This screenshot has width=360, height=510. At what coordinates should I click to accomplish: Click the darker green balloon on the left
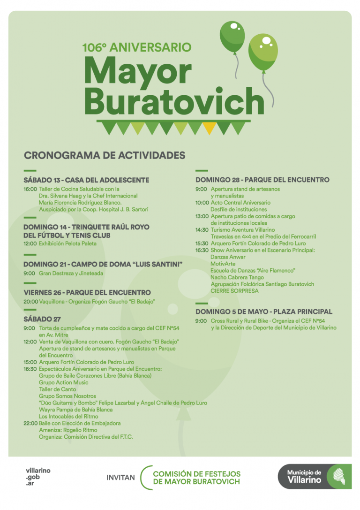point(232,36)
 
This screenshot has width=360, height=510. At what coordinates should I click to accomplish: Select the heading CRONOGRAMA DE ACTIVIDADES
point(105,155)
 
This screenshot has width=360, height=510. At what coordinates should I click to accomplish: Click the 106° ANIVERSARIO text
point(137,47)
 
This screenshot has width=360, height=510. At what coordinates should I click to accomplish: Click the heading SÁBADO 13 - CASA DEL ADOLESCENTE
point(86,180)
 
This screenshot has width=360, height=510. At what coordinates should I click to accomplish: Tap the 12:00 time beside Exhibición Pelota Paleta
point(30,244)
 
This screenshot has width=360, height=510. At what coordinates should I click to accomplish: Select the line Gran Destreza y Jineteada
point(71,273)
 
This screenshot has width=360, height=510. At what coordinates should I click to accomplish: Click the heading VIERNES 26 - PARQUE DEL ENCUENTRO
point(87,292)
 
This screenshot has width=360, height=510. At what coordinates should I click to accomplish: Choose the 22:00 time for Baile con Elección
point(30,423)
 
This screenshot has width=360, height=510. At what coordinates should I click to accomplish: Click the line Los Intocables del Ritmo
point(68,416)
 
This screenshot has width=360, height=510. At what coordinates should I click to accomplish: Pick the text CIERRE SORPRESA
point(234,291)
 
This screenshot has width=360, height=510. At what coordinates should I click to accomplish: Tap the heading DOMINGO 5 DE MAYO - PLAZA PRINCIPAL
point(264,312)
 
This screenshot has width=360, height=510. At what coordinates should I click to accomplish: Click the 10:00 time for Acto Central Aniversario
point(202,203)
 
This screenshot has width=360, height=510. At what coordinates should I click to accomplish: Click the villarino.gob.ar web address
point(38,476)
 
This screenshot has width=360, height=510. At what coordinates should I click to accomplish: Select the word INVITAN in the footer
point(120,478)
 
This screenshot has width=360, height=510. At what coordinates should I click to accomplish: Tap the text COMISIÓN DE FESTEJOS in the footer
point(196,474)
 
